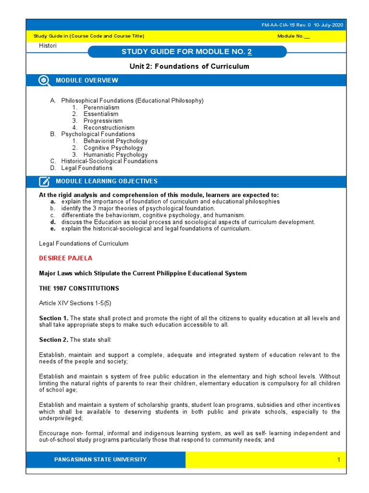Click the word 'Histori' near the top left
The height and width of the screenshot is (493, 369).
(48, 46)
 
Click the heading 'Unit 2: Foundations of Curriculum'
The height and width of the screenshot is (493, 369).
(184, 66)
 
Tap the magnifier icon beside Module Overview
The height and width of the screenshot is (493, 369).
(44, 80)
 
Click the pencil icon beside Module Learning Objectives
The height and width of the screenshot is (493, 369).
(44, 182)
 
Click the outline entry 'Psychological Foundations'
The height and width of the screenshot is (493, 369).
(98, 134)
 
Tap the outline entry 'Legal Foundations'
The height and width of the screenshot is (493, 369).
(86, 168)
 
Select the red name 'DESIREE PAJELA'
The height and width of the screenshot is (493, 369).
(65, 258)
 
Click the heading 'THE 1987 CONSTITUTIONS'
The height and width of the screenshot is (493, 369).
(79, 288)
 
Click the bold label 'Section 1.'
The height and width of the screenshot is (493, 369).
(53, 318)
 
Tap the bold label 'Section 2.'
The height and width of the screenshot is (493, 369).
(53, 340)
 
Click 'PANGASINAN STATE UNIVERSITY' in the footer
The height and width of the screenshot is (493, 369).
(101, 460)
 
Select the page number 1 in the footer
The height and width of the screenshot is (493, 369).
(338, 460)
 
